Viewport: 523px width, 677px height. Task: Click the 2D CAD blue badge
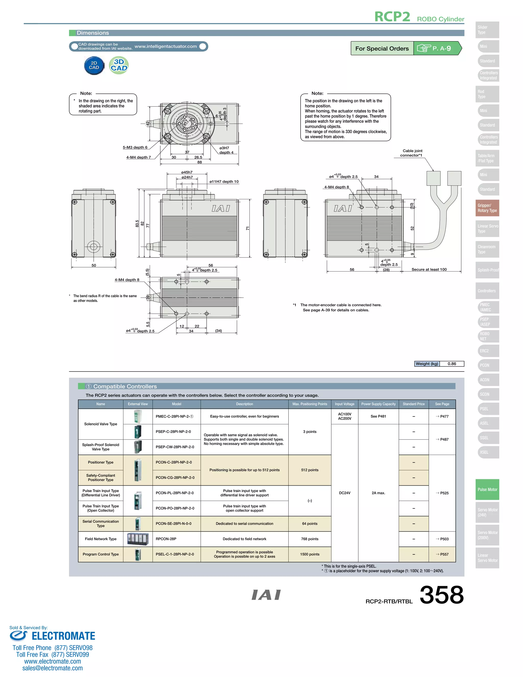tap(94, 65)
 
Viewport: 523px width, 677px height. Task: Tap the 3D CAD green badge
tap(119, 65)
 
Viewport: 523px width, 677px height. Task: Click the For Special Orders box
tap(382, 48)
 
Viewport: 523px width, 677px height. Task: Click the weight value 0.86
tap(451, 364)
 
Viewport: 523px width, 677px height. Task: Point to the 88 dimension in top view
tap(199, 162)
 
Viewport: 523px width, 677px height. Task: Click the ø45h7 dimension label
tap(187, 172)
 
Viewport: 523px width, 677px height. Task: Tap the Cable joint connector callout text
tap(412, 153)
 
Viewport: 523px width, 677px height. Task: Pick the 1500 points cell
tap(310, 554)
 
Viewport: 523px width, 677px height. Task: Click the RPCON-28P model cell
tap(166, 539)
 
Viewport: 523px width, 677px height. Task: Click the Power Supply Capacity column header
tap(378, 404)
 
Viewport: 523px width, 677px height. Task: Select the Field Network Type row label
tap(101, 539)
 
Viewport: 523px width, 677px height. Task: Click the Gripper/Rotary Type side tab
tap(487, 208)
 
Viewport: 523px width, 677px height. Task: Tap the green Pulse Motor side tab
tap(487, 489)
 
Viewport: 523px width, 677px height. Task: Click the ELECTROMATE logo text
tap(63, 636)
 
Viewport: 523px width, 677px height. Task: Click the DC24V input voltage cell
tap(344, 493)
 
